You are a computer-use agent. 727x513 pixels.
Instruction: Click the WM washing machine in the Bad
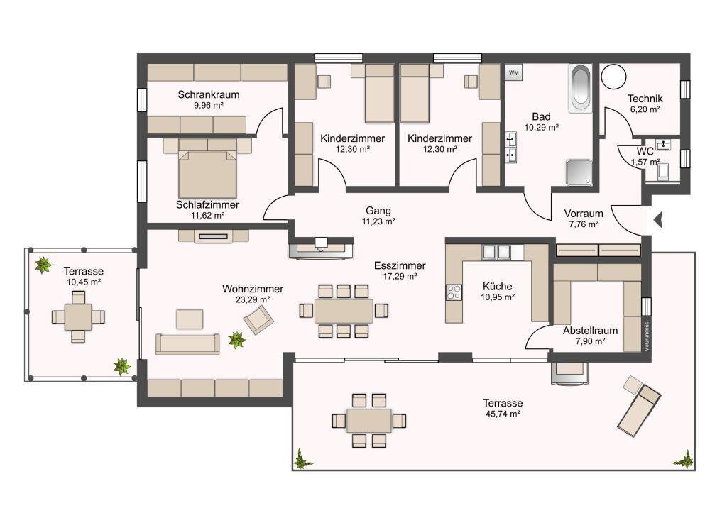514,73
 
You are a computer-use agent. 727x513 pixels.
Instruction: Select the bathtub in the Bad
580,88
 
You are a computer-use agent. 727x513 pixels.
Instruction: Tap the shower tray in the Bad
579,172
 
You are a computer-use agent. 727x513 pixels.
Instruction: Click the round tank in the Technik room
614,75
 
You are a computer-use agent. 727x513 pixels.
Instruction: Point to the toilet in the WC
664,170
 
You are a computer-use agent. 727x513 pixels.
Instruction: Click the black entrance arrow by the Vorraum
658,220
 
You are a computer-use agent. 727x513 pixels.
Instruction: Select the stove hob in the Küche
454,292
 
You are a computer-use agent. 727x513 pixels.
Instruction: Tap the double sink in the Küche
496,252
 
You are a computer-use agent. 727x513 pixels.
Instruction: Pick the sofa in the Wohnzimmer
187,344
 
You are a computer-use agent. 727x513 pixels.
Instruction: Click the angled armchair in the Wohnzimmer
258,319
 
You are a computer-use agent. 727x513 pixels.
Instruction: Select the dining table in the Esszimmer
344,311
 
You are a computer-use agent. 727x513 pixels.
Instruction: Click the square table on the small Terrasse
78,316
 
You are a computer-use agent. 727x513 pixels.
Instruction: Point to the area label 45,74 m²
502,414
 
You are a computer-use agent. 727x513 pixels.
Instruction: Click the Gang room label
378,211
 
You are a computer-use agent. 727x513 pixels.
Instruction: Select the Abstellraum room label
590,331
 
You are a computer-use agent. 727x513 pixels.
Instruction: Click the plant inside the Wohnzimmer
237,340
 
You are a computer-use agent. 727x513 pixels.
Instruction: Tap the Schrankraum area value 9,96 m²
209,105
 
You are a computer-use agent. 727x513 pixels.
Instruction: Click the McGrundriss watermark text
647,336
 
